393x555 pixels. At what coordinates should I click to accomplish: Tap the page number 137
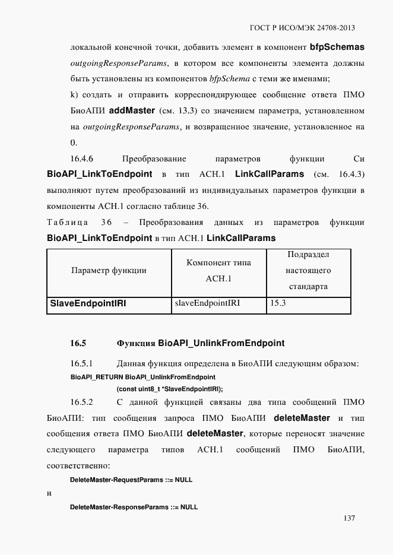(349, 518)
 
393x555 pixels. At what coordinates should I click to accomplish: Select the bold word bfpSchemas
(337, 46)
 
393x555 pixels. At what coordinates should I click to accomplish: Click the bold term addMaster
(132, 110)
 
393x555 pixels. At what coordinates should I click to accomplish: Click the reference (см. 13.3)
(178, 111)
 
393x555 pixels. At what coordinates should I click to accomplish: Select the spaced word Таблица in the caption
(66, 222)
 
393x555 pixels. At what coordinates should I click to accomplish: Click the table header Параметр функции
(109, 271)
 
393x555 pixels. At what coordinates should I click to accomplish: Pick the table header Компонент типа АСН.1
(218, 271)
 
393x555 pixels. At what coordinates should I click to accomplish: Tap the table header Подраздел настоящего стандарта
(308, 271)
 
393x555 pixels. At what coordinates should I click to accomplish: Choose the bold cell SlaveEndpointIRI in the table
(88, 303)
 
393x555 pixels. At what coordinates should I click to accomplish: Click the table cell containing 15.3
(278, 303)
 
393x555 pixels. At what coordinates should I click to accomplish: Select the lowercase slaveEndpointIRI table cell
(207, 303)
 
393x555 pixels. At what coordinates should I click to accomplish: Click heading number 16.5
(78, 343)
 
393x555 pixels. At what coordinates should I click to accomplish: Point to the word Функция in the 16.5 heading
(136, 343)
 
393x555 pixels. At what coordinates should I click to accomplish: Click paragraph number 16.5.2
(83, 401)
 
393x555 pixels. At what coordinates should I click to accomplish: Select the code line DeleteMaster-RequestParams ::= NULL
(131, 478)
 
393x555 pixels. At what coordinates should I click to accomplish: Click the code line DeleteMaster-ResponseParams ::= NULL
(134, 508)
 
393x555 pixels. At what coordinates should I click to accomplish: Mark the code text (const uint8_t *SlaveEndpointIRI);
(170, 389)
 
